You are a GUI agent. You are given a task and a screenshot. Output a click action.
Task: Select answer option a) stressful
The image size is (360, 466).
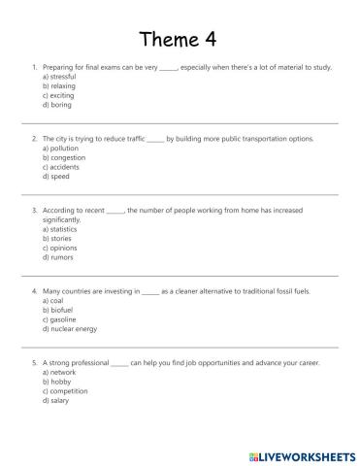pos(59,77)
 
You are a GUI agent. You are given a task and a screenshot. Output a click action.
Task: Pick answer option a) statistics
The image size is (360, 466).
pos(59,228)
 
